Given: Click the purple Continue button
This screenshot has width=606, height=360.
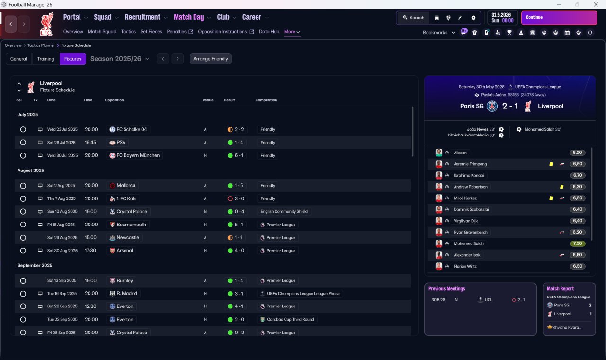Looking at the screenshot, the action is point(559,18).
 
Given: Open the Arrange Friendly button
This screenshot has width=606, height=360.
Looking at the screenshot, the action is point(211,59).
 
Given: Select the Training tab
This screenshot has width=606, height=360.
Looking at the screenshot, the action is point(45,59).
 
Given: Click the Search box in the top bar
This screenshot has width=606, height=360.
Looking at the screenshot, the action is point(413,18).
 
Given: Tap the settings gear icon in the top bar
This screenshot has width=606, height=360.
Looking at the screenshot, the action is point(473,18).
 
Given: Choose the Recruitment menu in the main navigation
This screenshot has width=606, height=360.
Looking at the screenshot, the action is point(143,18).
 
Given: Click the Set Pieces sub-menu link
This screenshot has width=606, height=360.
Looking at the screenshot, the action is point(151,32).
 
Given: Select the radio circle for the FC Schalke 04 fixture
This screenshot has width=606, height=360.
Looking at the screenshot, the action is point(23,129).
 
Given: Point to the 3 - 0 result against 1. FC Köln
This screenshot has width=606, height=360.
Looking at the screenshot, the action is point(236,198).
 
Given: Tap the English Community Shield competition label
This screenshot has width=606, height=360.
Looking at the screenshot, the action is point(284,211).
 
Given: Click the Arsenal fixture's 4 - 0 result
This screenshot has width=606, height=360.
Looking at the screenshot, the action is point(236,251).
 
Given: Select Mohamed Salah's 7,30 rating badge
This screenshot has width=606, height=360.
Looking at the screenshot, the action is point(577,243).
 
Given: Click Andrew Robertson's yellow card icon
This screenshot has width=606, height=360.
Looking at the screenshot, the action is point(561,187).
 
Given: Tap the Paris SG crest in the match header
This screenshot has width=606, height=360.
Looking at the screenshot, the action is point(492,106).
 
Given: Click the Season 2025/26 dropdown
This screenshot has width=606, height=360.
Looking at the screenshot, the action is point(120,59).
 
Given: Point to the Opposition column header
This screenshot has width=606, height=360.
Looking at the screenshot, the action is point(114,100).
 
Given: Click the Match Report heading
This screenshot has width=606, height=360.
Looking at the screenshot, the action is point(560,288).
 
